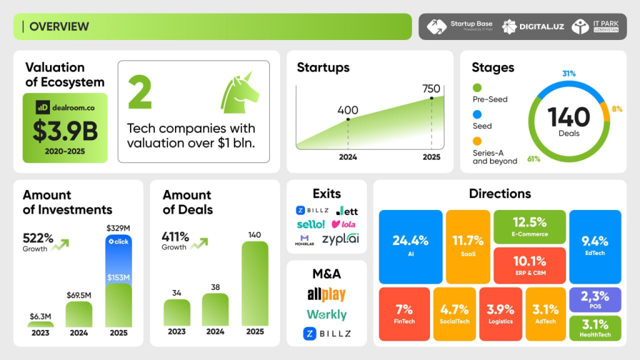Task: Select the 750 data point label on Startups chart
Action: (431, 89)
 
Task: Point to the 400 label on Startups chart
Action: (347, 111)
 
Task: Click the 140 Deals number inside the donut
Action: (569, 117)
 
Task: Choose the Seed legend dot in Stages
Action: (477, 114)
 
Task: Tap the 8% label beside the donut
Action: (617, 109)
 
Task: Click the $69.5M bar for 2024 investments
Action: (79, 314)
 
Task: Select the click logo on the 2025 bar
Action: (118, 241)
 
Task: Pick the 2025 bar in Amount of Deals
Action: (255, 284)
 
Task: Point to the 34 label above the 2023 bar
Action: (177, 292)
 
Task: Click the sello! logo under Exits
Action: (311, 224)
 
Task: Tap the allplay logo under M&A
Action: (326, 294)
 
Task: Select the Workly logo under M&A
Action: (326, 314)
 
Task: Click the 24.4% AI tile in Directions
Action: (410, 246)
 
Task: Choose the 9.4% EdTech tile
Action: (595, 246)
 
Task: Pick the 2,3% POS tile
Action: (595, 299)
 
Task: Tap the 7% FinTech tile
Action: (404, 314)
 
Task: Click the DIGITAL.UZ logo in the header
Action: (533, 26)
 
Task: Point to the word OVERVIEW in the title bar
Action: (59, 26)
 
